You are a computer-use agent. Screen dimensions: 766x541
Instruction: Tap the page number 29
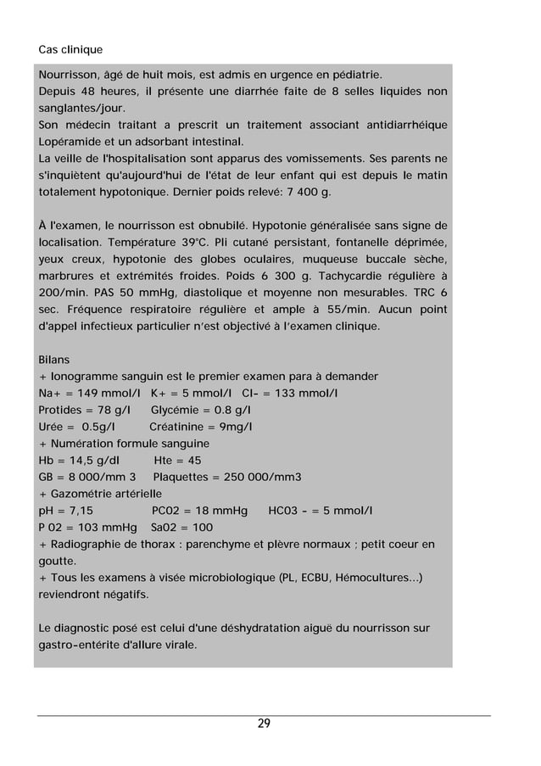pos(264,724)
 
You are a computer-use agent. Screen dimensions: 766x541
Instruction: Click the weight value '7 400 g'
pos(306,192)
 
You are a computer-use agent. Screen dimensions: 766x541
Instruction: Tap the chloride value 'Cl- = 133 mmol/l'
pos(290,393)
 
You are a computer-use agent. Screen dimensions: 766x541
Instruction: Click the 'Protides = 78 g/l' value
pos(83,410)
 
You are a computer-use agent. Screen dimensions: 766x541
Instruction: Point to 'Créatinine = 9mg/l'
pos(200,427)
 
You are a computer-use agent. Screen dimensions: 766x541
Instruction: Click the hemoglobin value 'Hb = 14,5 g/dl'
pos(79,461)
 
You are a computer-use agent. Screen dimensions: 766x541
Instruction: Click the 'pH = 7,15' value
pos(67,511)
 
